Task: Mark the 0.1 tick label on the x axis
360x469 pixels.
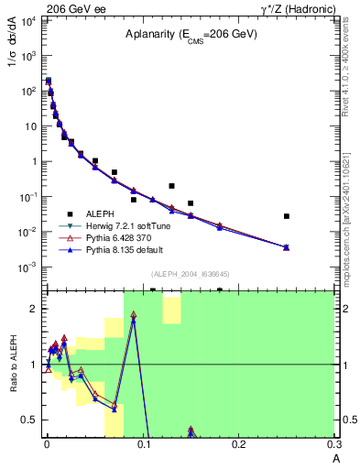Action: coord(143,444)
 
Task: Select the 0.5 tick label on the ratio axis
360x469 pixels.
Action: coord(30,420)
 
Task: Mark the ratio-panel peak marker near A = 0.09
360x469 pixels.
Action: coord(134,316)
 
